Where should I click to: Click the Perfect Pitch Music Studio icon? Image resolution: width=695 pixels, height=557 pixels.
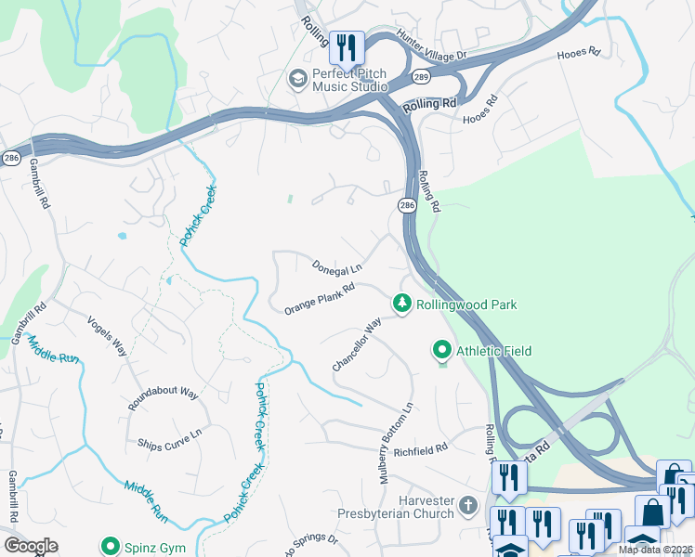tap(298, 78)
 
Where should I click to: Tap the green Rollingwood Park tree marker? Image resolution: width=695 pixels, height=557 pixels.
tap(401, 304)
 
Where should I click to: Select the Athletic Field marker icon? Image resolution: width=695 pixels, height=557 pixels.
tap(441, 350)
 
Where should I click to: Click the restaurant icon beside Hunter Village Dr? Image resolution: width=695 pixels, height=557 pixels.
tap(347, 47)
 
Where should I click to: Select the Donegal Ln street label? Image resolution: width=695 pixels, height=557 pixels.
tap(337, 267)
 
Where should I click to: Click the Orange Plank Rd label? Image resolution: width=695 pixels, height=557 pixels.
tap(320, 298)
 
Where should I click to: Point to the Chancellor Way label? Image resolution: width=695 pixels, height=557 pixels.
tap(358, 345)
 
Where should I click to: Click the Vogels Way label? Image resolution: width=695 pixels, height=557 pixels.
tap(107, 335)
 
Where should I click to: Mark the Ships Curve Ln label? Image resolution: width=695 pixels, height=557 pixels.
tap(170, 441)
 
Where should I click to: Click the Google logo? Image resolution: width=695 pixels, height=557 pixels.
tap(31, 546)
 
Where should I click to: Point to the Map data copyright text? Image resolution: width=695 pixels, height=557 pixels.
tap(655, 550)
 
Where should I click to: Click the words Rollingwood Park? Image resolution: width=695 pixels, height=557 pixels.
tap(466, 304)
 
